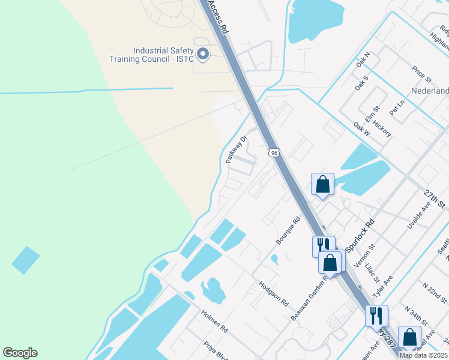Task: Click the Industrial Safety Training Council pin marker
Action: [203, 55]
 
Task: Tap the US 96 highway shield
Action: [274, 153]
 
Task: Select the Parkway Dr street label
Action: [237, 150]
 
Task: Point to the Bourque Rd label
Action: [288, 230]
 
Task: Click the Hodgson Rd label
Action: [274, 293]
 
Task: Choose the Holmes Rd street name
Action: [215, 322]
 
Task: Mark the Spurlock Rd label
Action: [358, 231]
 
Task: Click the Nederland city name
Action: [429, 91]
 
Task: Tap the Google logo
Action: [20, 353]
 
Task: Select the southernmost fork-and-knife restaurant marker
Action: [376, 315]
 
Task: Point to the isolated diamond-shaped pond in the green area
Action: [25, 260]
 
